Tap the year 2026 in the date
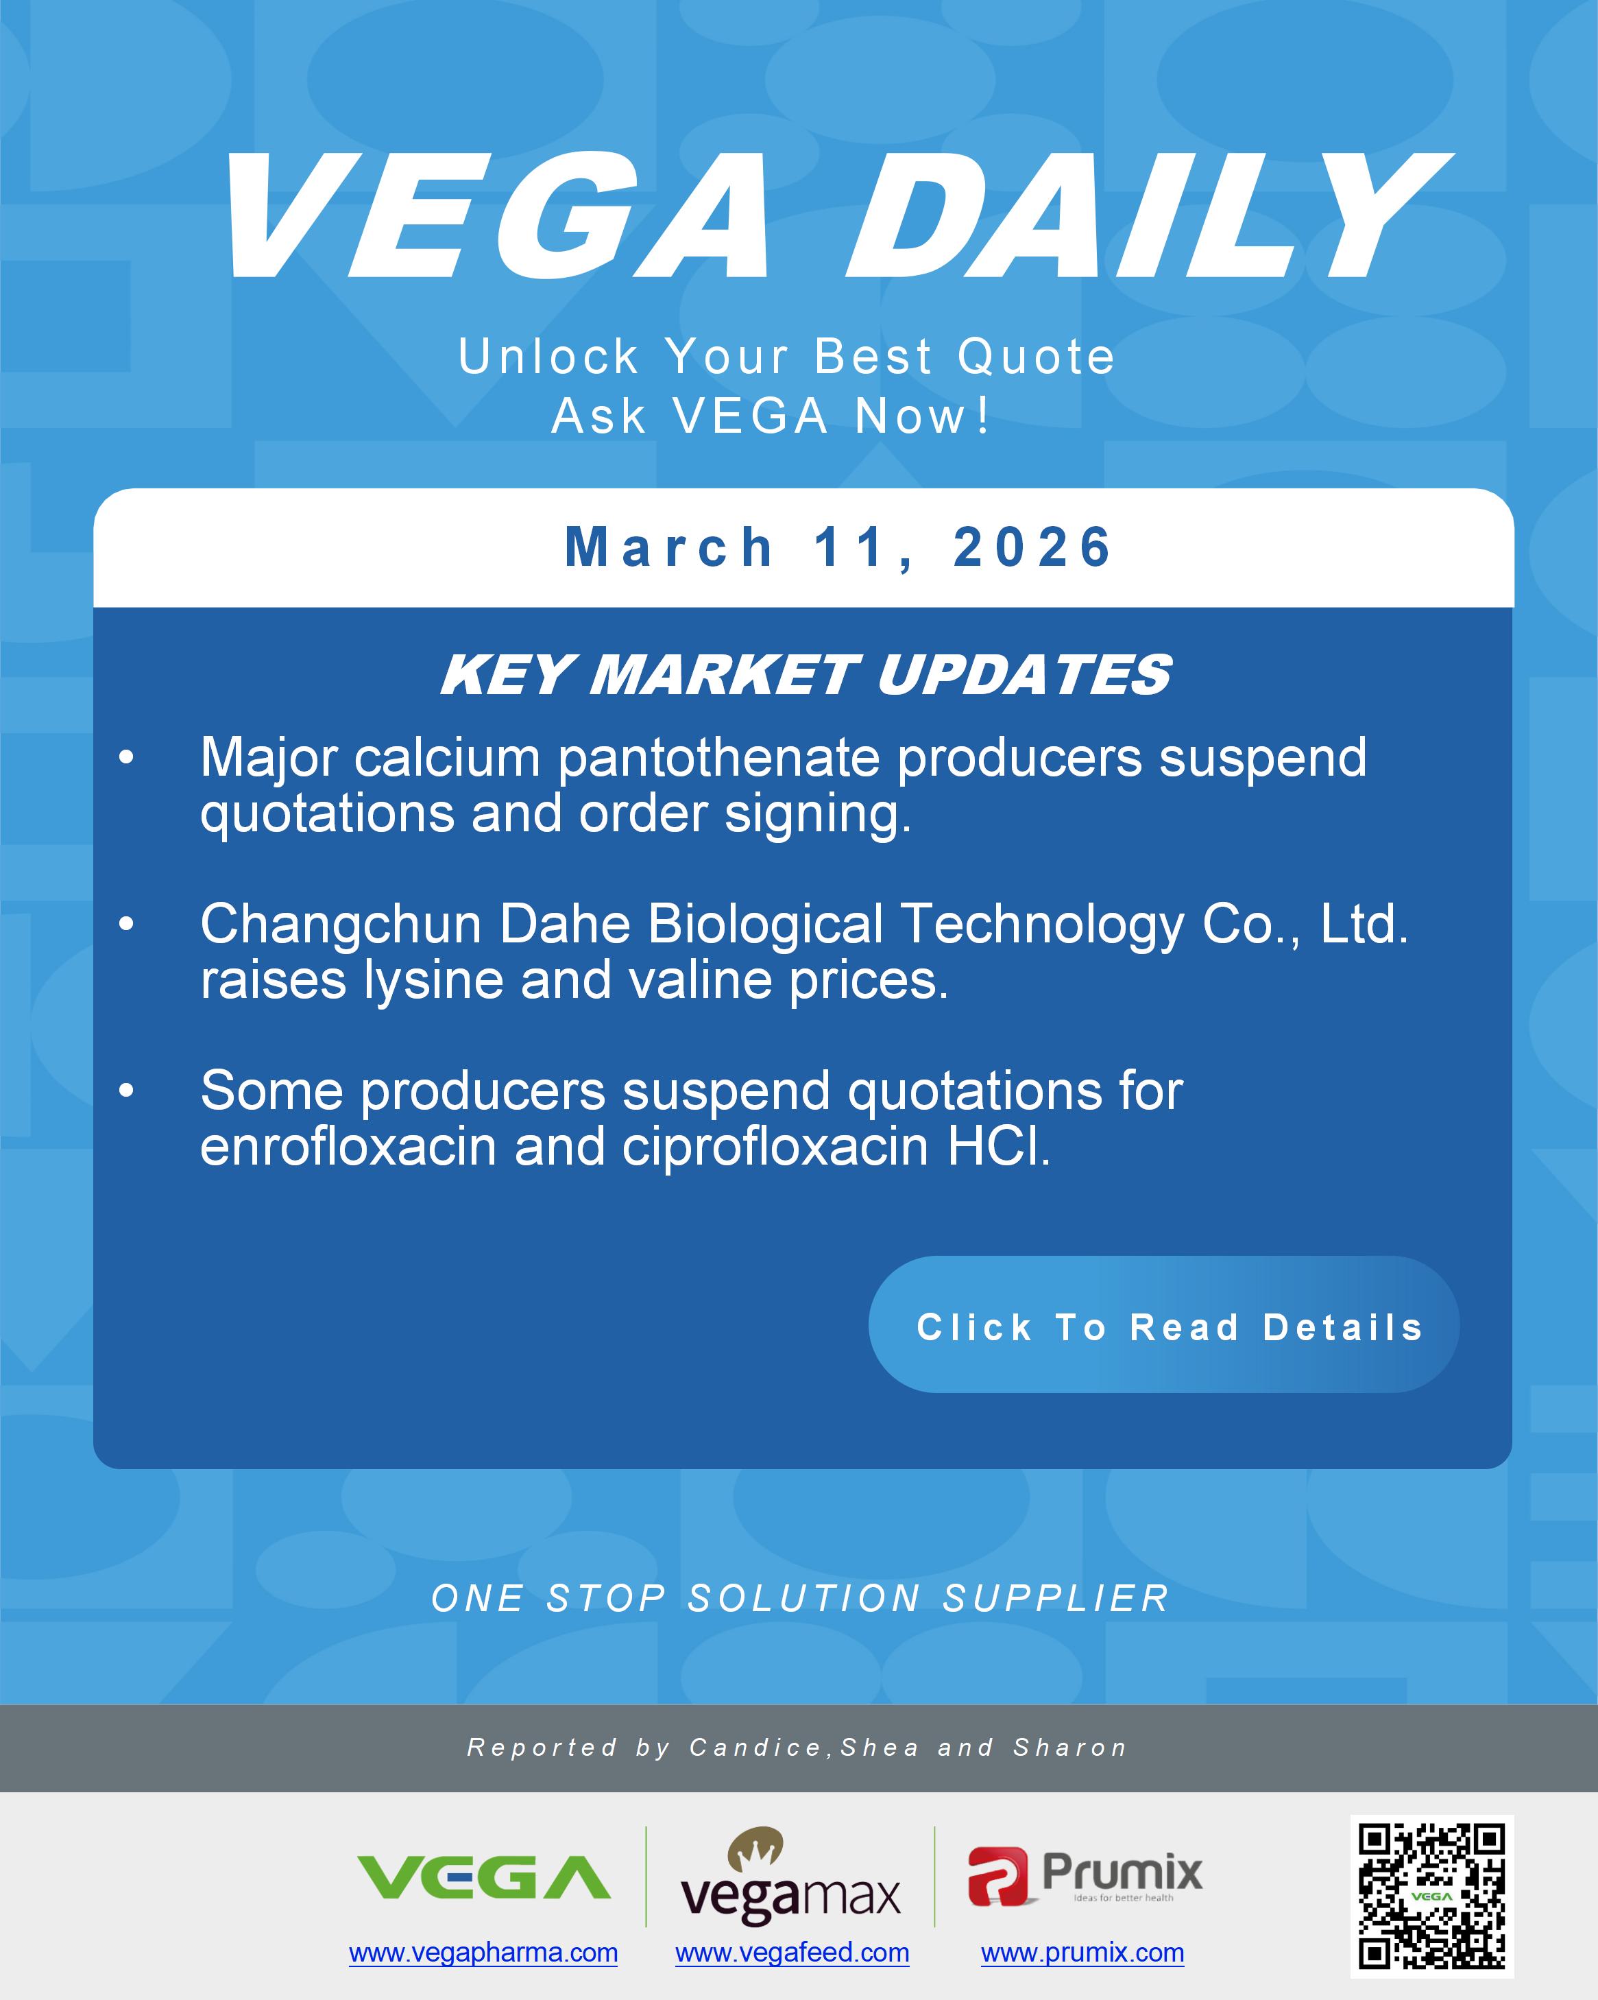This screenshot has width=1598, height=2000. point(1032,547)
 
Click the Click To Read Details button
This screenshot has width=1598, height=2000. point(1163,1326)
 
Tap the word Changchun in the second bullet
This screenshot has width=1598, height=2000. point(341,925)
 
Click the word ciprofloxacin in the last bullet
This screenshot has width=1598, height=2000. point(775,1147)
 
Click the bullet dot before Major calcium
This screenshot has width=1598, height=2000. point(127,759)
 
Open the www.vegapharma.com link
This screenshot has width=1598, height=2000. point(483,1953)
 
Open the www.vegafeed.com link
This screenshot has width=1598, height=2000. point(792,1953)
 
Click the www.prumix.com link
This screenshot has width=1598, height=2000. point(1082,1953)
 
